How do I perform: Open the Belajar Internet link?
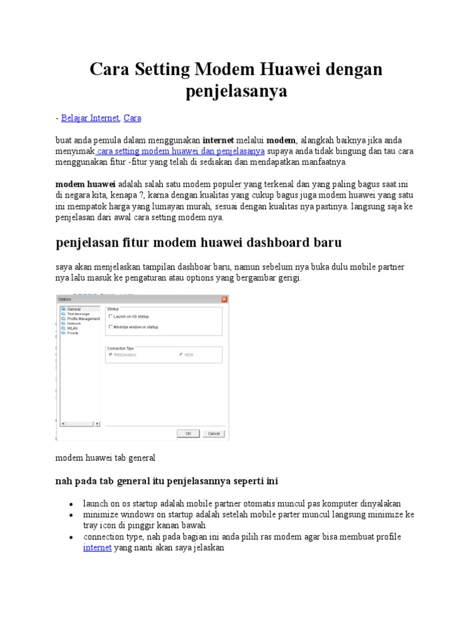pyautogui.click(x=91, y=118)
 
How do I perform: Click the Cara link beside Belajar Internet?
pyautogui.click(x=132, y=118)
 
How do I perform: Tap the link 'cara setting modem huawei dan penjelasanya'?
pyautogui.click(x=180, y=151)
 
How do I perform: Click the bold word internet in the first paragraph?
pyautogui.click(x=218, y=140)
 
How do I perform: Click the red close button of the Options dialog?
pyautogui.click(x=224, y=299)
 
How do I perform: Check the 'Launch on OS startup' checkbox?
pyautogui.click(x=111, y=316)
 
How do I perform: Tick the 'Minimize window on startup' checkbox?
pyautogui.click(x=111, y=327)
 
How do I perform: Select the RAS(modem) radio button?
pyautogui.click(x=111, y=355)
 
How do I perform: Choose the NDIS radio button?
pyautogui.click(x=181, y=355)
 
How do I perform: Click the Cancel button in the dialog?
pyautogui.click(x=214, y=434)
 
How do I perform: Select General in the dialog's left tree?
pyautogui.click(x=73, y=309)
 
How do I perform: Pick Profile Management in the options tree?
pyautogui.click(x=83, y=319)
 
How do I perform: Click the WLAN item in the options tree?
pyautogui.click(x=72, y=328)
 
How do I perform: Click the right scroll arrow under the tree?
pyautogui.click(x=97, y=423)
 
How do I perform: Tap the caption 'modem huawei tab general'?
pyautogui.click(x=105, y=458)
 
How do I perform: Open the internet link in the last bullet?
pyautogui.click(x=97, y=548)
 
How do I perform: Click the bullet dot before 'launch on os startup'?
pyautogui.click(x=73, y=503)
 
